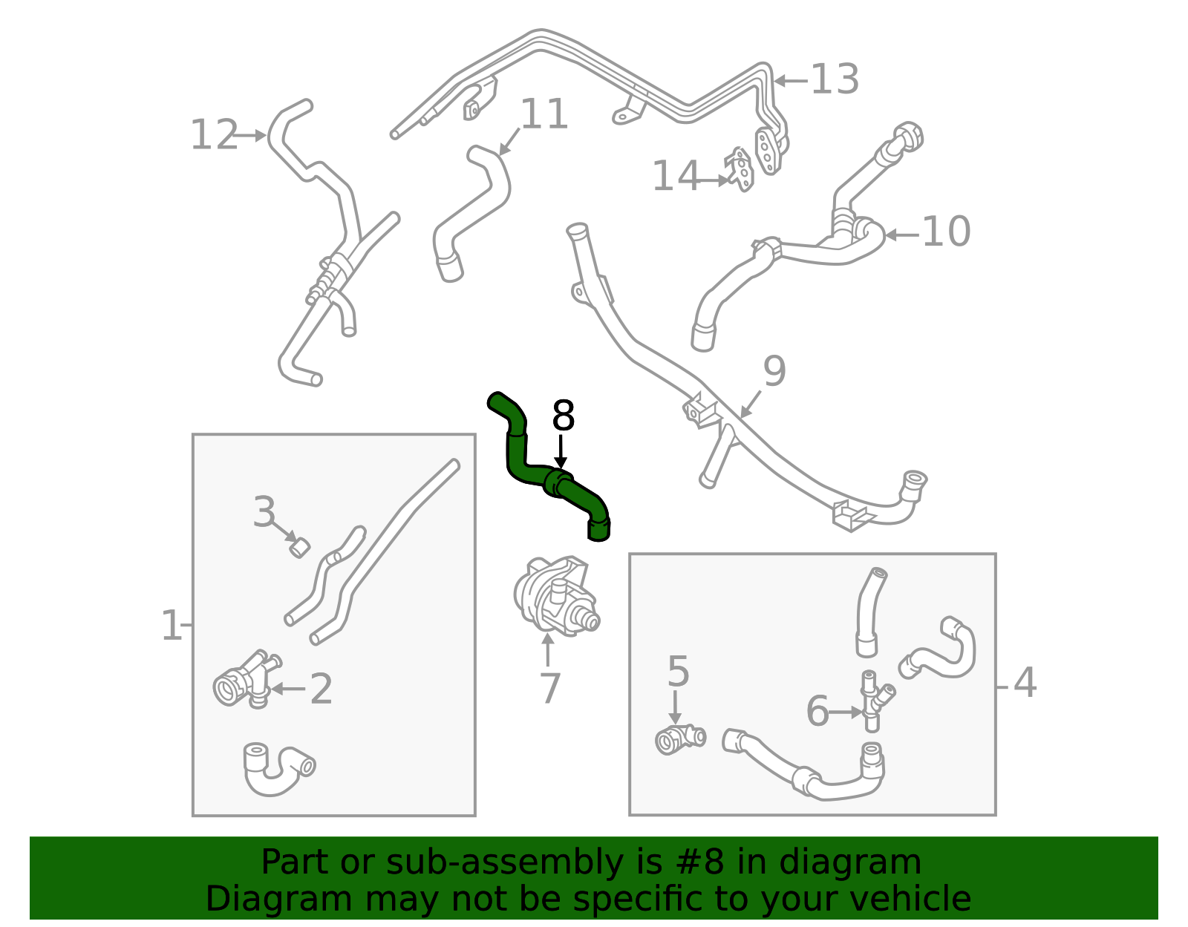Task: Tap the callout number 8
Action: point(564,416)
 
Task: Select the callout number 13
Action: point(835,79)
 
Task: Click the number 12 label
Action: point(214,136)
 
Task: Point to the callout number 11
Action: point(544,115)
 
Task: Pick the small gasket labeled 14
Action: point(740,169)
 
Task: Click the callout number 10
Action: point(945,232)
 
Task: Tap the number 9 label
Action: point(774,371)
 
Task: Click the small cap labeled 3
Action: point(299,548)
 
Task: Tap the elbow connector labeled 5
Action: point(677,739)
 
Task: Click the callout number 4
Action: point(1025,683)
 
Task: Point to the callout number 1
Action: point(171,626)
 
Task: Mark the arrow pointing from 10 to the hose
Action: point(902,235)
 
